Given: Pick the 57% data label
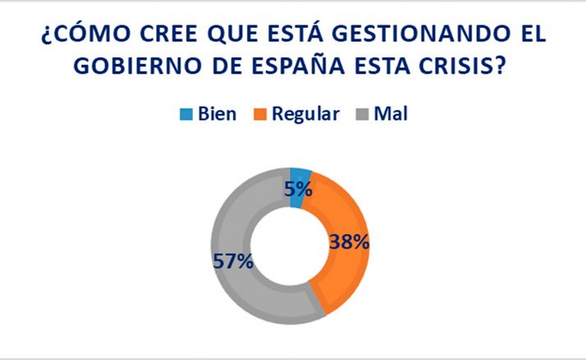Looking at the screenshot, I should point(233,262).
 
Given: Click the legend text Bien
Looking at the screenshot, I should point(217,114).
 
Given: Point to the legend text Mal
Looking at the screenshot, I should point(390,114).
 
